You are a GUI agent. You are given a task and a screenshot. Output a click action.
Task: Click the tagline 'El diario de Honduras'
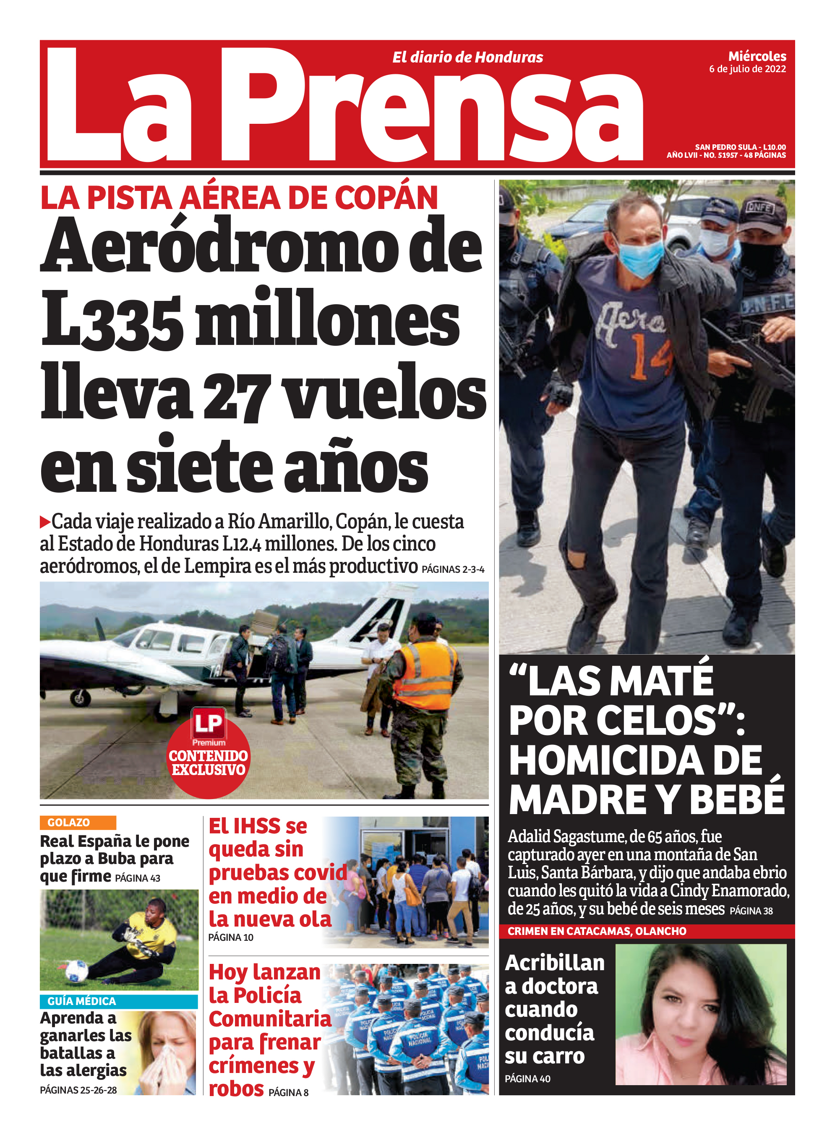467,57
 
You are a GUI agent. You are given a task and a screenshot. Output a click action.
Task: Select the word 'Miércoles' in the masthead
757,56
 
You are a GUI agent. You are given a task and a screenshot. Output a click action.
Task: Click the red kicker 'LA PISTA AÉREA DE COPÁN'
239,198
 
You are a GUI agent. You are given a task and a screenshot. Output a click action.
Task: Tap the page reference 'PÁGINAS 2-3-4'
453,569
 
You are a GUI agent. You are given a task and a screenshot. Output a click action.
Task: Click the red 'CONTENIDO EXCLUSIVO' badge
208,762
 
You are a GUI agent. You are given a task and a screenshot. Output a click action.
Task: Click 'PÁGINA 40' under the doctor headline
527,1078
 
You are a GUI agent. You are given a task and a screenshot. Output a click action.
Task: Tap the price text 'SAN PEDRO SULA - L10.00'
740,147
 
